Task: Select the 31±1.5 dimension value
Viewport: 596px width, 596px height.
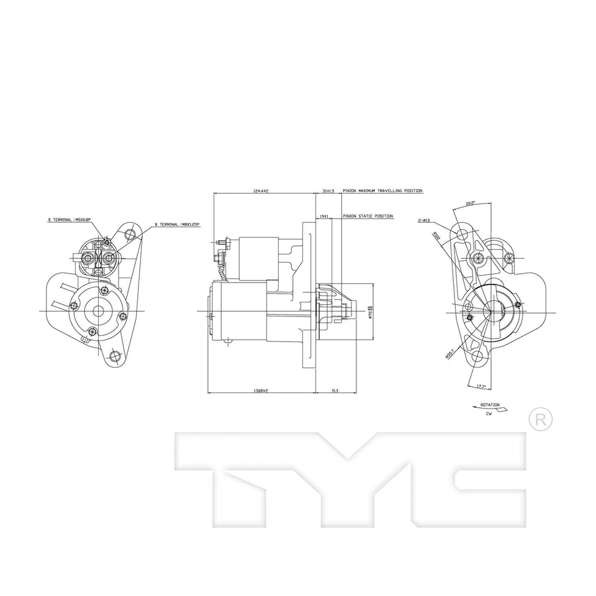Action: pyautogui.click(x=328, y=191)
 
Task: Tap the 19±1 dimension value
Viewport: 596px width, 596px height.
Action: pyautogui.click(x=323, y=216)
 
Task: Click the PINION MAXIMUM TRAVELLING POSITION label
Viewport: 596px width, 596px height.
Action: pyautogui.click(x=382, y=191)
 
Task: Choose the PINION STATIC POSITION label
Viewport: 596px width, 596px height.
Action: pyautogui.click(x=368, y=216)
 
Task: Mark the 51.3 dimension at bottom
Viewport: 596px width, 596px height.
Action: pyautogui.click(x=335, y=391)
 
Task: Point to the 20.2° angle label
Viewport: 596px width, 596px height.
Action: pyautogui.click(x=470, y=203)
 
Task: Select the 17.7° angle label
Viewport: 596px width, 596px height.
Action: pyautogui.click(x=481, y=387)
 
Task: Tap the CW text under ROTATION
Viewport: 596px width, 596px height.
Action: pyautogui.click(x=489, y=413)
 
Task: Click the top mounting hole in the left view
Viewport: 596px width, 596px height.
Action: pyautogui.click(x=130, y=234)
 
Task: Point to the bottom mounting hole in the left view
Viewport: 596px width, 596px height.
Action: pyautogui.click(x=114, y=356)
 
